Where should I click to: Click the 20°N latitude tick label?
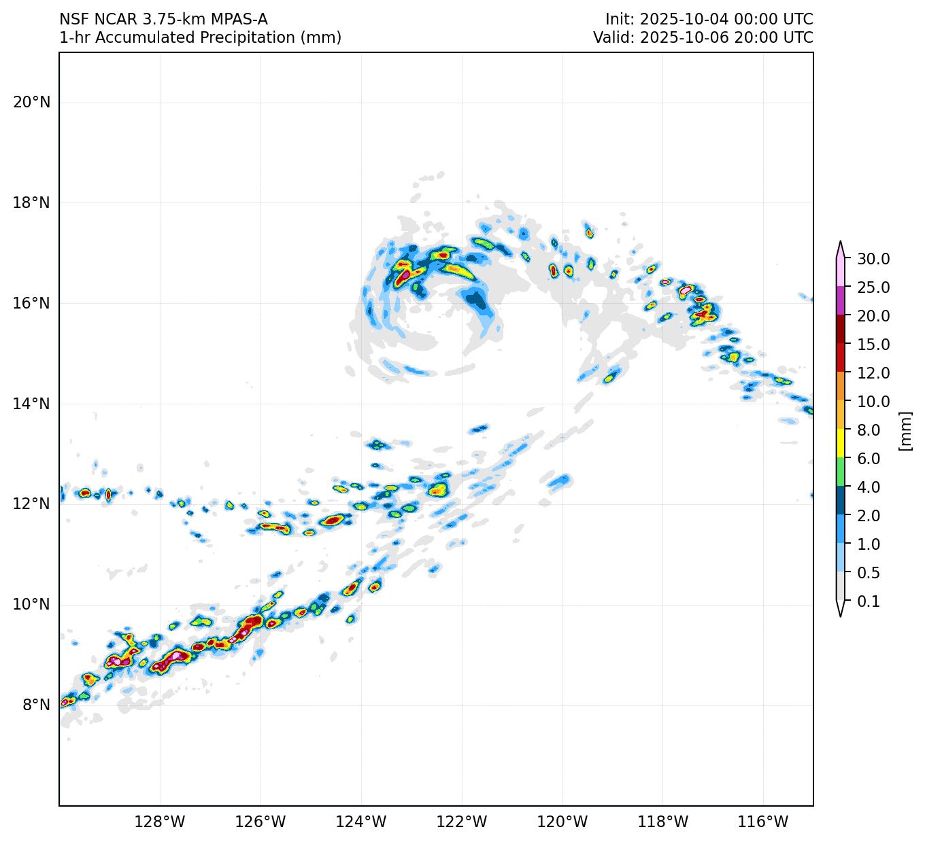(x=31, y=103)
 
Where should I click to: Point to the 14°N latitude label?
(x=31, y=404)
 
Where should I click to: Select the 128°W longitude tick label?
(x=160, y=822)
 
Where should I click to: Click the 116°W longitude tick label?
(x=764, y=822)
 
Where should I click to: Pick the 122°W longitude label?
(x=462, y=822)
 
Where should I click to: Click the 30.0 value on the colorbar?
(x=873, y=259)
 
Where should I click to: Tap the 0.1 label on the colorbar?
(x=869, y=601)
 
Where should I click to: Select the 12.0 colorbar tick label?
(x=873, y=373)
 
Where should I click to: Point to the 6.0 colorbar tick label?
(x=869, y=459)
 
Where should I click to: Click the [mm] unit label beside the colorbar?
(x=905, y=430)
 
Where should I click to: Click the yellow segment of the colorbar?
(x=841, y=444)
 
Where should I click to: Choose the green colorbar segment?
(x=841, y=473)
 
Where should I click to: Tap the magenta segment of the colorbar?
(x=841, y=301)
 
